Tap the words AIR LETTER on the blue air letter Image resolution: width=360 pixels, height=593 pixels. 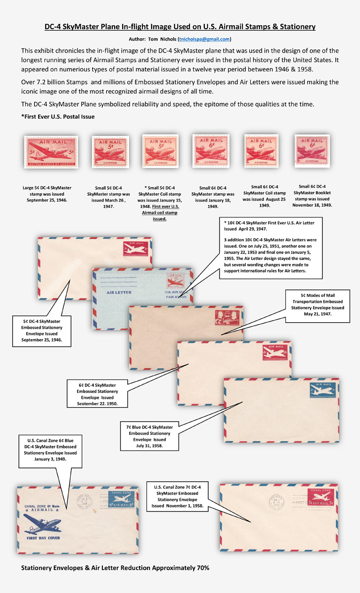(x=119, y=292)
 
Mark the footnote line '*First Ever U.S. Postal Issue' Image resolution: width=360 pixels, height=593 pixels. (x=57, y=116)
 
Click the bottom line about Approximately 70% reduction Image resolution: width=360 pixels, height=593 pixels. (x=115, y=568)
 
